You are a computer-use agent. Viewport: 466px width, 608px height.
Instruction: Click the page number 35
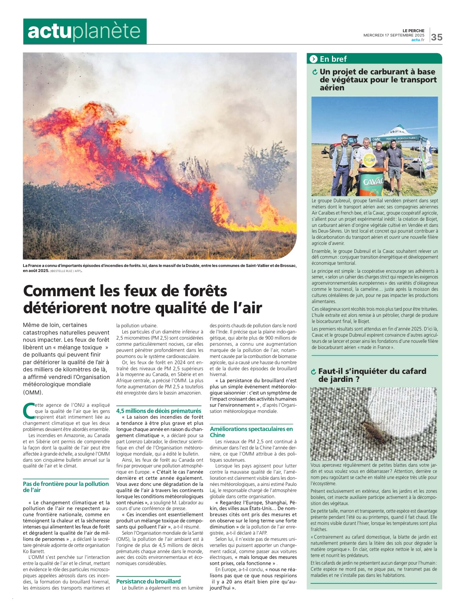pyautogui.click(x=436, y=37)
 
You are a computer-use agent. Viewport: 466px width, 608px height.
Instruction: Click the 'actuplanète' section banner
pyautogui.click(x=85, y=31)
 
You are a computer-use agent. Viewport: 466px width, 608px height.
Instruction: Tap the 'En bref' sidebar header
pyautogui.click(x=333, y=59)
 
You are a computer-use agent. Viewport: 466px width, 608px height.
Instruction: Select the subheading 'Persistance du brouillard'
pyautogui.click(x=148, y=581)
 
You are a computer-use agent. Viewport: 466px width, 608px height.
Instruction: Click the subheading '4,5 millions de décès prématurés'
pyautogui.click(x=159, y=411)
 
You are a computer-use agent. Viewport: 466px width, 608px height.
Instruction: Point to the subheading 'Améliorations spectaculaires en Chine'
pyautogui.click(x=251, y=432)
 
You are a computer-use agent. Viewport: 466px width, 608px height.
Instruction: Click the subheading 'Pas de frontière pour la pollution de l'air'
pyautogui.click(x=66, y=487)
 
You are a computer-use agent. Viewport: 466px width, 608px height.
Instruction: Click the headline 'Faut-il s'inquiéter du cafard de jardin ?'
pyautogui.click(x=372, y=375)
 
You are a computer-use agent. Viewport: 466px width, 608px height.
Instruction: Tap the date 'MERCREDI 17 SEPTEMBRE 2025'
pyautogui.click(x=394, y=35)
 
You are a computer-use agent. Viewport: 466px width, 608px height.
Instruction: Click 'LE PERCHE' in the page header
pyautogui.click(x=413, y=31)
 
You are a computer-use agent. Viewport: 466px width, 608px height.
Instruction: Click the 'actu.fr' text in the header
pyautogui.click(x=418, y=40)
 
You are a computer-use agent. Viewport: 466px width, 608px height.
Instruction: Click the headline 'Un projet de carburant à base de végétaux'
pyautogui.click(x=377, y=79)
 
